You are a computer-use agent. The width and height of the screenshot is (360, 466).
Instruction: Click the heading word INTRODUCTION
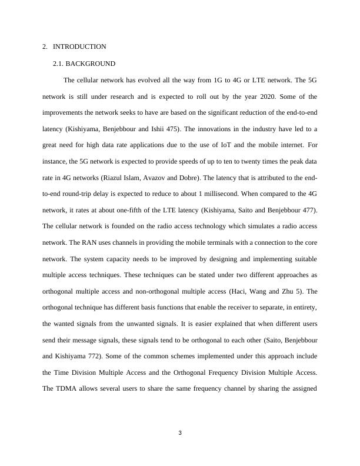79,46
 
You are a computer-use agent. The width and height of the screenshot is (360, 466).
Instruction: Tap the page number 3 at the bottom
180,434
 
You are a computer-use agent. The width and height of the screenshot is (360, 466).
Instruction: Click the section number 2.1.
58,63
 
